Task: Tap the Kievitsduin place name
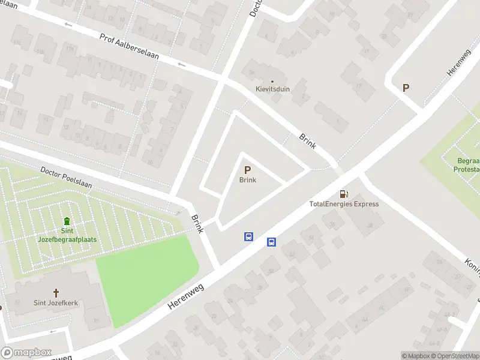[272, 88]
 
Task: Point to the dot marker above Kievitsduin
[272, 81]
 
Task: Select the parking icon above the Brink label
[248, 170]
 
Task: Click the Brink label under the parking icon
[248, 180]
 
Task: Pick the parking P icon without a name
[406, 88]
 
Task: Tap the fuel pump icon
[344, 194]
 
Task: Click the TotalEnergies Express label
[344, 204]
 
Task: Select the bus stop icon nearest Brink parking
[248, 236]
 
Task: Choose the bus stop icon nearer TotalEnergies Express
[271, 242]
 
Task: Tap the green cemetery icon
[66, 221]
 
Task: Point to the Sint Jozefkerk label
[56, 303]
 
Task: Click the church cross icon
[56, 293]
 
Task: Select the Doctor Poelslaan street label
[66, 178]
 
